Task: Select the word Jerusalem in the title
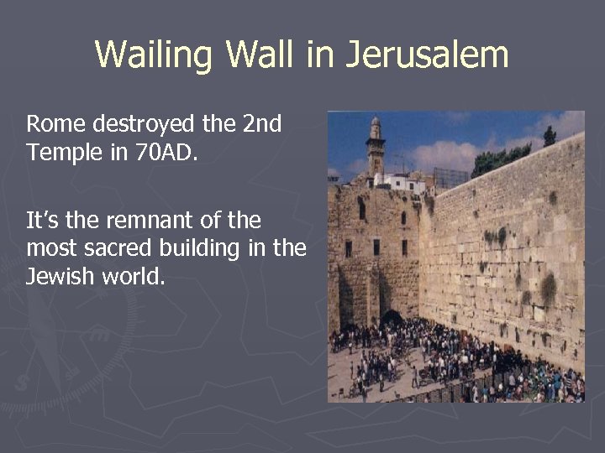(426, 55)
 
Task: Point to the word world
(133, 277)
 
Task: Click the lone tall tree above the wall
(550, 136)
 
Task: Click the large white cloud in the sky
(445, 154)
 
